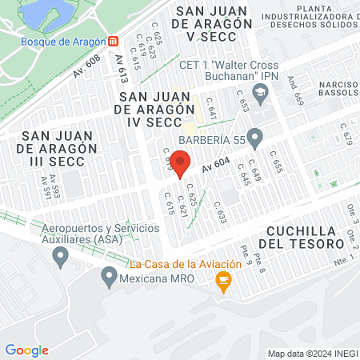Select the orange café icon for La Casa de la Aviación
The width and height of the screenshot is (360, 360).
(223, 279)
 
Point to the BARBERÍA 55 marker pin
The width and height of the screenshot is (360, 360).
(255, 138)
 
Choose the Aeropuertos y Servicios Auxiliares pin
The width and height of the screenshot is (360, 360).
(59, 256)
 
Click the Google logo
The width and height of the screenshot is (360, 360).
(26, 350)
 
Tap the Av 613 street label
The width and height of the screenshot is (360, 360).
(122, 71)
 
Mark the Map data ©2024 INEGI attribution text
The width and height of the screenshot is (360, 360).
(311, 354)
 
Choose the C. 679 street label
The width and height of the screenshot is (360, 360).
(346, 133)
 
